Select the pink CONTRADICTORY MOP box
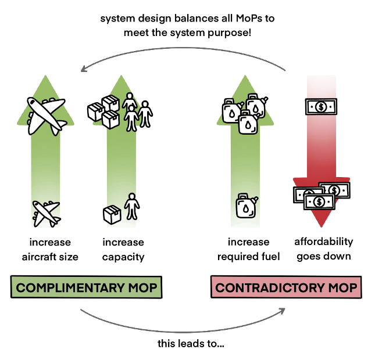286,287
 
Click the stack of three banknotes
322,195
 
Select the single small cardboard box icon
112,214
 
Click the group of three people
137,110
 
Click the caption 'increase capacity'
123,249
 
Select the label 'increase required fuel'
248,249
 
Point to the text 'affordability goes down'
324,249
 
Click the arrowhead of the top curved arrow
84,69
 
